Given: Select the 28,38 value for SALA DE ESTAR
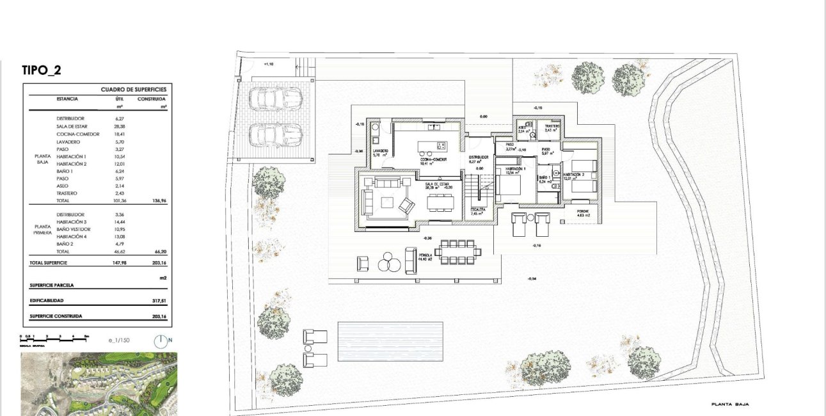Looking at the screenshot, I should tap(119, 127).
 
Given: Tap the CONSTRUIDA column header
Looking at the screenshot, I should tap(152, 99).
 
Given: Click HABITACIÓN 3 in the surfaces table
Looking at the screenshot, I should tap(72, 221).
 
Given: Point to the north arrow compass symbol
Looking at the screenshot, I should tap(162, 340).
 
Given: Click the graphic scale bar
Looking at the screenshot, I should tap(54, 337).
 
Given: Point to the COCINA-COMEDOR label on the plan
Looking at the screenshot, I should tap(433, 159).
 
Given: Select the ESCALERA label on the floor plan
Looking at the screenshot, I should tap(477, 210).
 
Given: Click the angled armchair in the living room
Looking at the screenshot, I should tap(406, 206).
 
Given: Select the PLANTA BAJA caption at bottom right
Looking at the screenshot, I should tap(729, 404).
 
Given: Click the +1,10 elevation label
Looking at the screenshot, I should tap(269, 65).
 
